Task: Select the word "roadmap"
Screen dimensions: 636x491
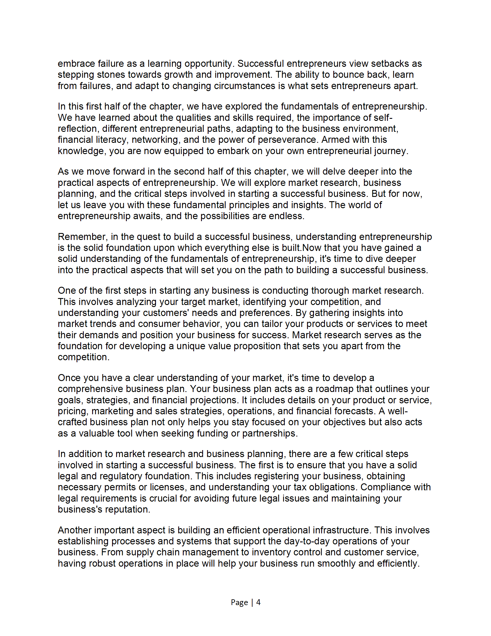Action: (334, 389)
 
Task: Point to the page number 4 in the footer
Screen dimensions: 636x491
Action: (258, 602)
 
